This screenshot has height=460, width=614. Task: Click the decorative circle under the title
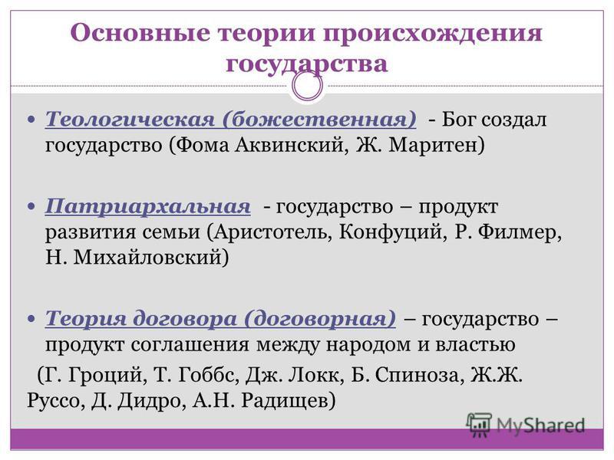308,86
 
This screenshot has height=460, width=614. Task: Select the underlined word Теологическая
130,120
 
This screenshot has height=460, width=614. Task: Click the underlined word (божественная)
319,120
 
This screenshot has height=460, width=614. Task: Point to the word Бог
459,119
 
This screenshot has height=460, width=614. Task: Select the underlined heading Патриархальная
147,205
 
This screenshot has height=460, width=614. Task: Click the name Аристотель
270,232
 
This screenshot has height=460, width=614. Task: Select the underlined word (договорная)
320,319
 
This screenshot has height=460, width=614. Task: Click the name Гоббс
208,376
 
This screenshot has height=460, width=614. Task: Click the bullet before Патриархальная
31,205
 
